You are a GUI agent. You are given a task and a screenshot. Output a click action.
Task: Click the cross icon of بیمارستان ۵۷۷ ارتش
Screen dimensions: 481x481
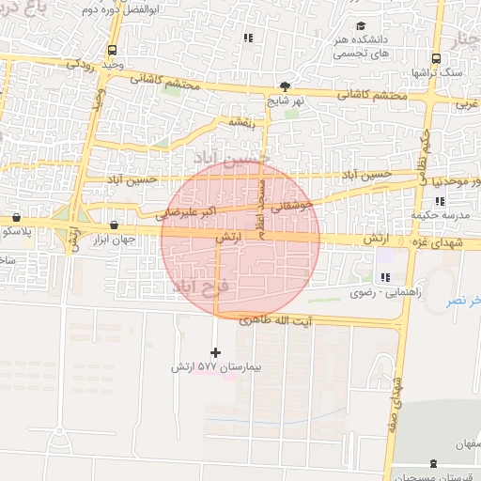(x=216, y=352)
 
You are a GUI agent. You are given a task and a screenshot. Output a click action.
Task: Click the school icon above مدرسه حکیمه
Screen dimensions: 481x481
(x=439, y=201)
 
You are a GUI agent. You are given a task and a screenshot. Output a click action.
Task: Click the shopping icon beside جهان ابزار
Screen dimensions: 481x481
(x=114, y=225)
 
